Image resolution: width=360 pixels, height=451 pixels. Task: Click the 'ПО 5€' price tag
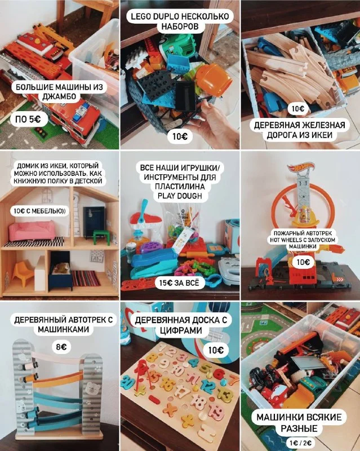click(28, 119)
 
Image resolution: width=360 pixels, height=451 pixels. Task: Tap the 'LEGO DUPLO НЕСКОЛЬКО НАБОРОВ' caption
click(180, 21)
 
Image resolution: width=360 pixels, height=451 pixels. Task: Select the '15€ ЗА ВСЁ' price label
click(179, 283)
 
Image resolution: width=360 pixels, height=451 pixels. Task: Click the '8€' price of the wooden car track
click(61, 347)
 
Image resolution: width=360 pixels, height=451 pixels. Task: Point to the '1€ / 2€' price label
click(300, 443)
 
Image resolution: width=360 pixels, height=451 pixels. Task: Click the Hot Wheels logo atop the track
click(300, 166)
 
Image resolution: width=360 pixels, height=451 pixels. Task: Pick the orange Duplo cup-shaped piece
click(214, 79)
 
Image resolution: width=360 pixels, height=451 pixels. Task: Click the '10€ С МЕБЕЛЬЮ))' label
click(39, 211)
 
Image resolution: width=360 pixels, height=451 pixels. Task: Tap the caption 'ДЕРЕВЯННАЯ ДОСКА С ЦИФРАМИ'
click(181, 325)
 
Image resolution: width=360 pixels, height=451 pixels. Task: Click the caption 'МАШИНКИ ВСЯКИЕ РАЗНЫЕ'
click(299, 422)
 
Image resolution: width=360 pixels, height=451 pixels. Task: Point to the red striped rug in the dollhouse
click(86, 278)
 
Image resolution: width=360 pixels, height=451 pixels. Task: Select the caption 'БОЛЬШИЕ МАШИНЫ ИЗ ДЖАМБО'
click(59, 91)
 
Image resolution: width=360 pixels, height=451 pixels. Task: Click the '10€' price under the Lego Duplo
click(180, 136)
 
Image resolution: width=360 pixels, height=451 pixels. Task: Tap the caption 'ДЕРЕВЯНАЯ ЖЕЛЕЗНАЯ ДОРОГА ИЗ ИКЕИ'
click(299, 130)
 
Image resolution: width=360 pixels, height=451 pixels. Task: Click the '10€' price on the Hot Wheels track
click(303, 262)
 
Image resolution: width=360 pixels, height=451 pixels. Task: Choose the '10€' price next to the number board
click(216, 350)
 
